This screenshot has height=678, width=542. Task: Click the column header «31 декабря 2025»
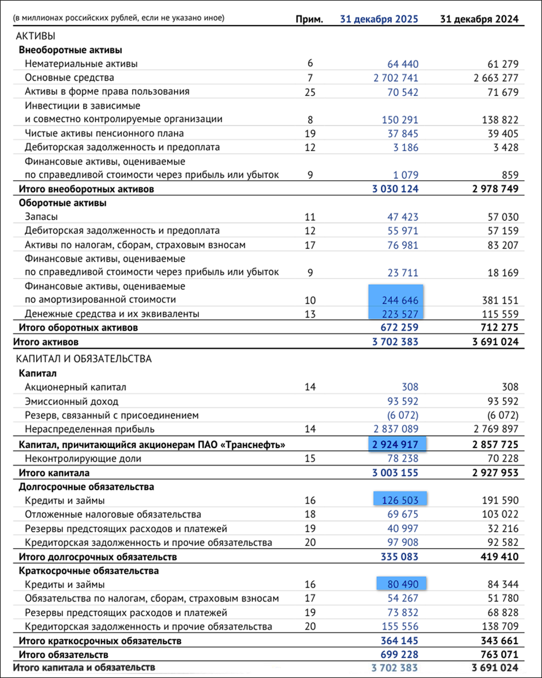tap(379, 19)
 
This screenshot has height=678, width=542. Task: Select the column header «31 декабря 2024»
tap(479, 19)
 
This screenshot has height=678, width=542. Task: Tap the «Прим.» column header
tap(309, 19)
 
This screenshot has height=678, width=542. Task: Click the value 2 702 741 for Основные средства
tap(396, 78)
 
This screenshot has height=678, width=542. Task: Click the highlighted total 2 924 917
tap(395, 445)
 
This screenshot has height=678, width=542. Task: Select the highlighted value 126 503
tap(399, 501)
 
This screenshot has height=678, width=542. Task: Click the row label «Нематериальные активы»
tap(81, 64)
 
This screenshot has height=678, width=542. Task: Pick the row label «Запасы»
tap(41, 216)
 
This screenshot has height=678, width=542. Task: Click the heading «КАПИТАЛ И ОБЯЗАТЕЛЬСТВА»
tap(84, 359)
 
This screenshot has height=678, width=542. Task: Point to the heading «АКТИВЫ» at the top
tap(36, 36)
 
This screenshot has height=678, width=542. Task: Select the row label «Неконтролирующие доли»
tap(83, 459)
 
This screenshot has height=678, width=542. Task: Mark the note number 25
tap(309, 92)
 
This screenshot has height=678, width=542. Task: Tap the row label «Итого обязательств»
tap(63, 654)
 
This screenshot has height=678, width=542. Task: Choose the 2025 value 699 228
tap(396, 654)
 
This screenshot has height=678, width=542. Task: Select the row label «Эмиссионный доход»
tap(72, 402)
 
